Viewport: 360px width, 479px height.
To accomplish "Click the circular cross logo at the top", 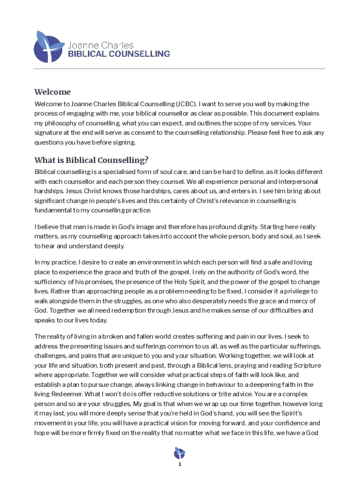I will pyautogui.click(x=49, y=47).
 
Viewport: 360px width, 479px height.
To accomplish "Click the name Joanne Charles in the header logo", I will pyautogui.click(x=101, y=45).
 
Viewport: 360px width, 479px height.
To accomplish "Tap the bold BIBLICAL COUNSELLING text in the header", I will pyautogui.click(x=119, y=54).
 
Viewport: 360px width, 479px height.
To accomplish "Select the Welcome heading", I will pyautogui.click(x=52, y=92).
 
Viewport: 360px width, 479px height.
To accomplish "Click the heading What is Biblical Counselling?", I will pyautogui.click(x=92, y=160).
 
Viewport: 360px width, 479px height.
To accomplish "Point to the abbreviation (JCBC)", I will pyautogui.click(x=187, y=104).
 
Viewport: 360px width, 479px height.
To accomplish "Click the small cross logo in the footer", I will pyautogui.click(x=180, y=453).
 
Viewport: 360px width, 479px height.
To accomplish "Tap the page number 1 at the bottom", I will pyautogui.click(x=180, y=464).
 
